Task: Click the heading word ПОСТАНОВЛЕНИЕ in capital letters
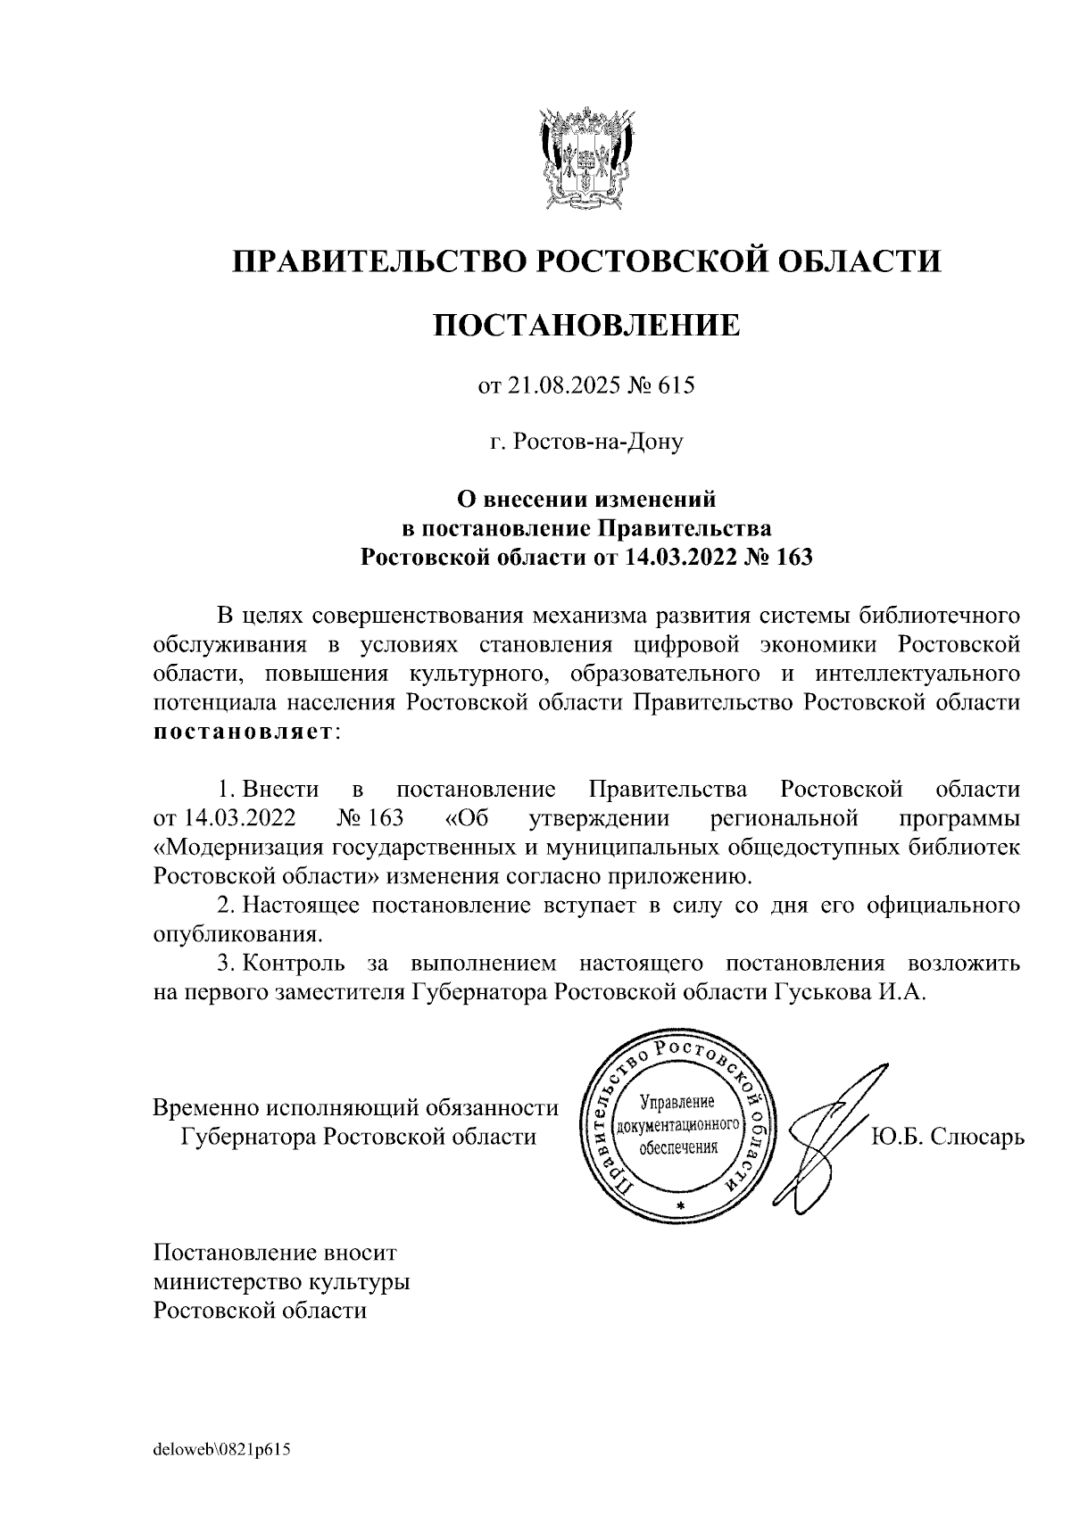click(x=586, y=326)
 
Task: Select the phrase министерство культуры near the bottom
click(x=282, y=1283)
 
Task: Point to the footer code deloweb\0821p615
click(x=223, y=1447)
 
